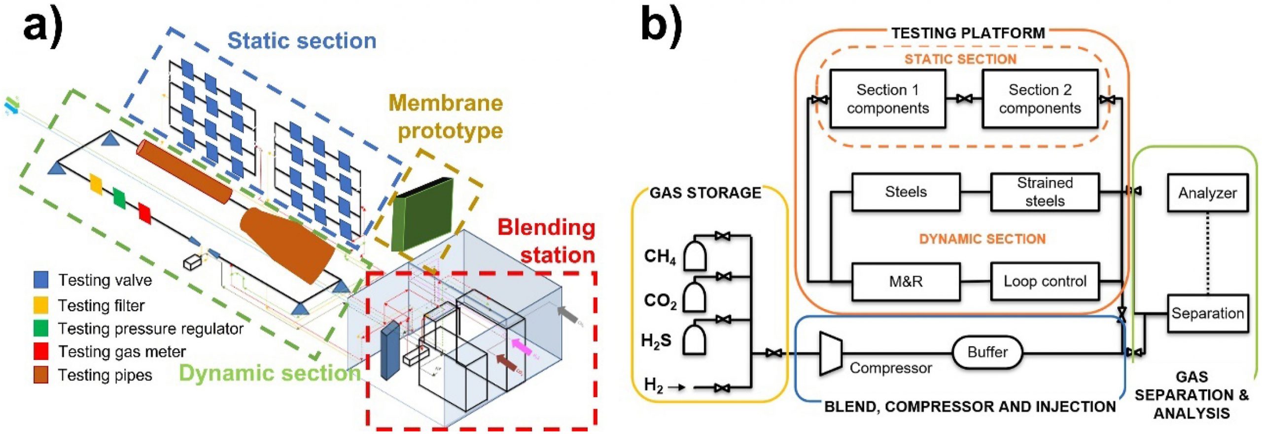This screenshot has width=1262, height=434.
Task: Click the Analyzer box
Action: [x=1207, y=192]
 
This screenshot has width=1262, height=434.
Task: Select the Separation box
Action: [x=1207, y=313]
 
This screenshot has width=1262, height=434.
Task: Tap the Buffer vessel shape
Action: [x=987, y=352]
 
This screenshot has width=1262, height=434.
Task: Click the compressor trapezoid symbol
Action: [x=830, y=353]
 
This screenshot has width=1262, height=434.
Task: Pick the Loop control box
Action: [x=1045, y=281]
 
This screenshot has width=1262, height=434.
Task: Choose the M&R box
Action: [x=906, y=281]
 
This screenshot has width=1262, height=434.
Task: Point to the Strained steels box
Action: [x=1045, y=192]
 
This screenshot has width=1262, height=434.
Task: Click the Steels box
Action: [x=906, y=192]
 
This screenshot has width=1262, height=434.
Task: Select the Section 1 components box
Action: [x=887, y=99]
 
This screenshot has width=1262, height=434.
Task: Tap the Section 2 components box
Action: [x=1040, y=99]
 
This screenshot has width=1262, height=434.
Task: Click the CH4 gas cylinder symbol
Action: [x=695, y=255]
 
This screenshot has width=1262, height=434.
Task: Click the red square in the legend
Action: [x=41, y=351]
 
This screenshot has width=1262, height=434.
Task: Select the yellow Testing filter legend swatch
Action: [x=41, y=305]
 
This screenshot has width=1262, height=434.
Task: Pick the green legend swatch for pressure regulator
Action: [x=41, y=328]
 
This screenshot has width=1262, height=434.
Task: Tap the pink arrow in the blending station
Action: [x=522, y=346]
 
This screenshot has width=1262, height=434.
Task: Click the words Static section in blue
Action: [x=302, y=40]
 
